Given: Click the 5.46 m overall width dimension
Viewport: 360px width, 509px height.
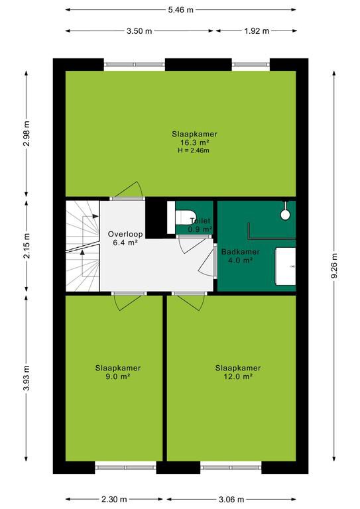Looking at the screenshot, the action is pos(180,10).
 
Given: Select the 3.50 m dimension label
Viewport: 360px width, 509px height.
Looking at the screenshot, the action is pos(139,31).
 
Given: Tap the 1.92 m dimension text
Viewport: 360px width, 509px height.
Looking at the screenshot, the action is pos(257,31).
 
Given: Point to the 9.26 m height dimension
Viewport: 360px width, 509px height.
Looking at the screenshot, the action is pos(334,266).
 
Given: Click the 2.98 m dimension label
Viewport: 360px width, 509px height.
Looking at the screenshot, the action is pos(27,133).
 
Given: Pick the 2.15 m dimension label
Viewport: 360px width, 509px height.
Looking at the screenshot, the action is pos(27,246).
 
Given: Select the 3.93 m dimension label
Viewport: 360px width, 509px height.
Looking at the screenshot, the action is pos(27,378).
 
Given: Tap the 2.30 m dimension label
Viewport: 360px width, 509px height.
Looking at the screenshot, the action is pos(113,499).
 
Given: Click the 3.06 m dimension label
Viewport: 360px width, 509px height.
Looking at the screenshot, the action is pos(231,499).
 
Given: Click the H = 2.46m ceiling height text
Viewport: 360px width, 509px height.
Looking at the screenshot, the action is pos(194,150).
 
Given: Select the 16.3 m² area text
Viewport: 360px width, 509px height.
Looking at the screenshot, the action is pos(194,142).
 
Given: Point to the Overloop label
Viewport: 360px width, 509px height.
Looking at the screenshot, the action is pos(125,234).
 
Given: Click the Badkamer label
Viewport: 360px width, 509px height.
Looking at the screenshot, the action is pos(240,252).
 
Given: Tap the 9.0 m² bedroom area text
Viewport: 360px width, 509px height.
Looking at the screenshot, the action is pos(118,376).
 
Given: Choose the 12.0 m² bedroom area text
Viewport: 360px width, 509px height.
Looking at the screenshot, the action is pos(238,376).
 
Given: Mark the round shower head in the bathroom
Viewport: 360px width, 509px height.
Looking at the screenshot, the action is pos(285,214).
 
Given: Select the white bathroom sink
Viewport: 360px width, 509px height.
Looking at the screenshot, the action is pos(286,266).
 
